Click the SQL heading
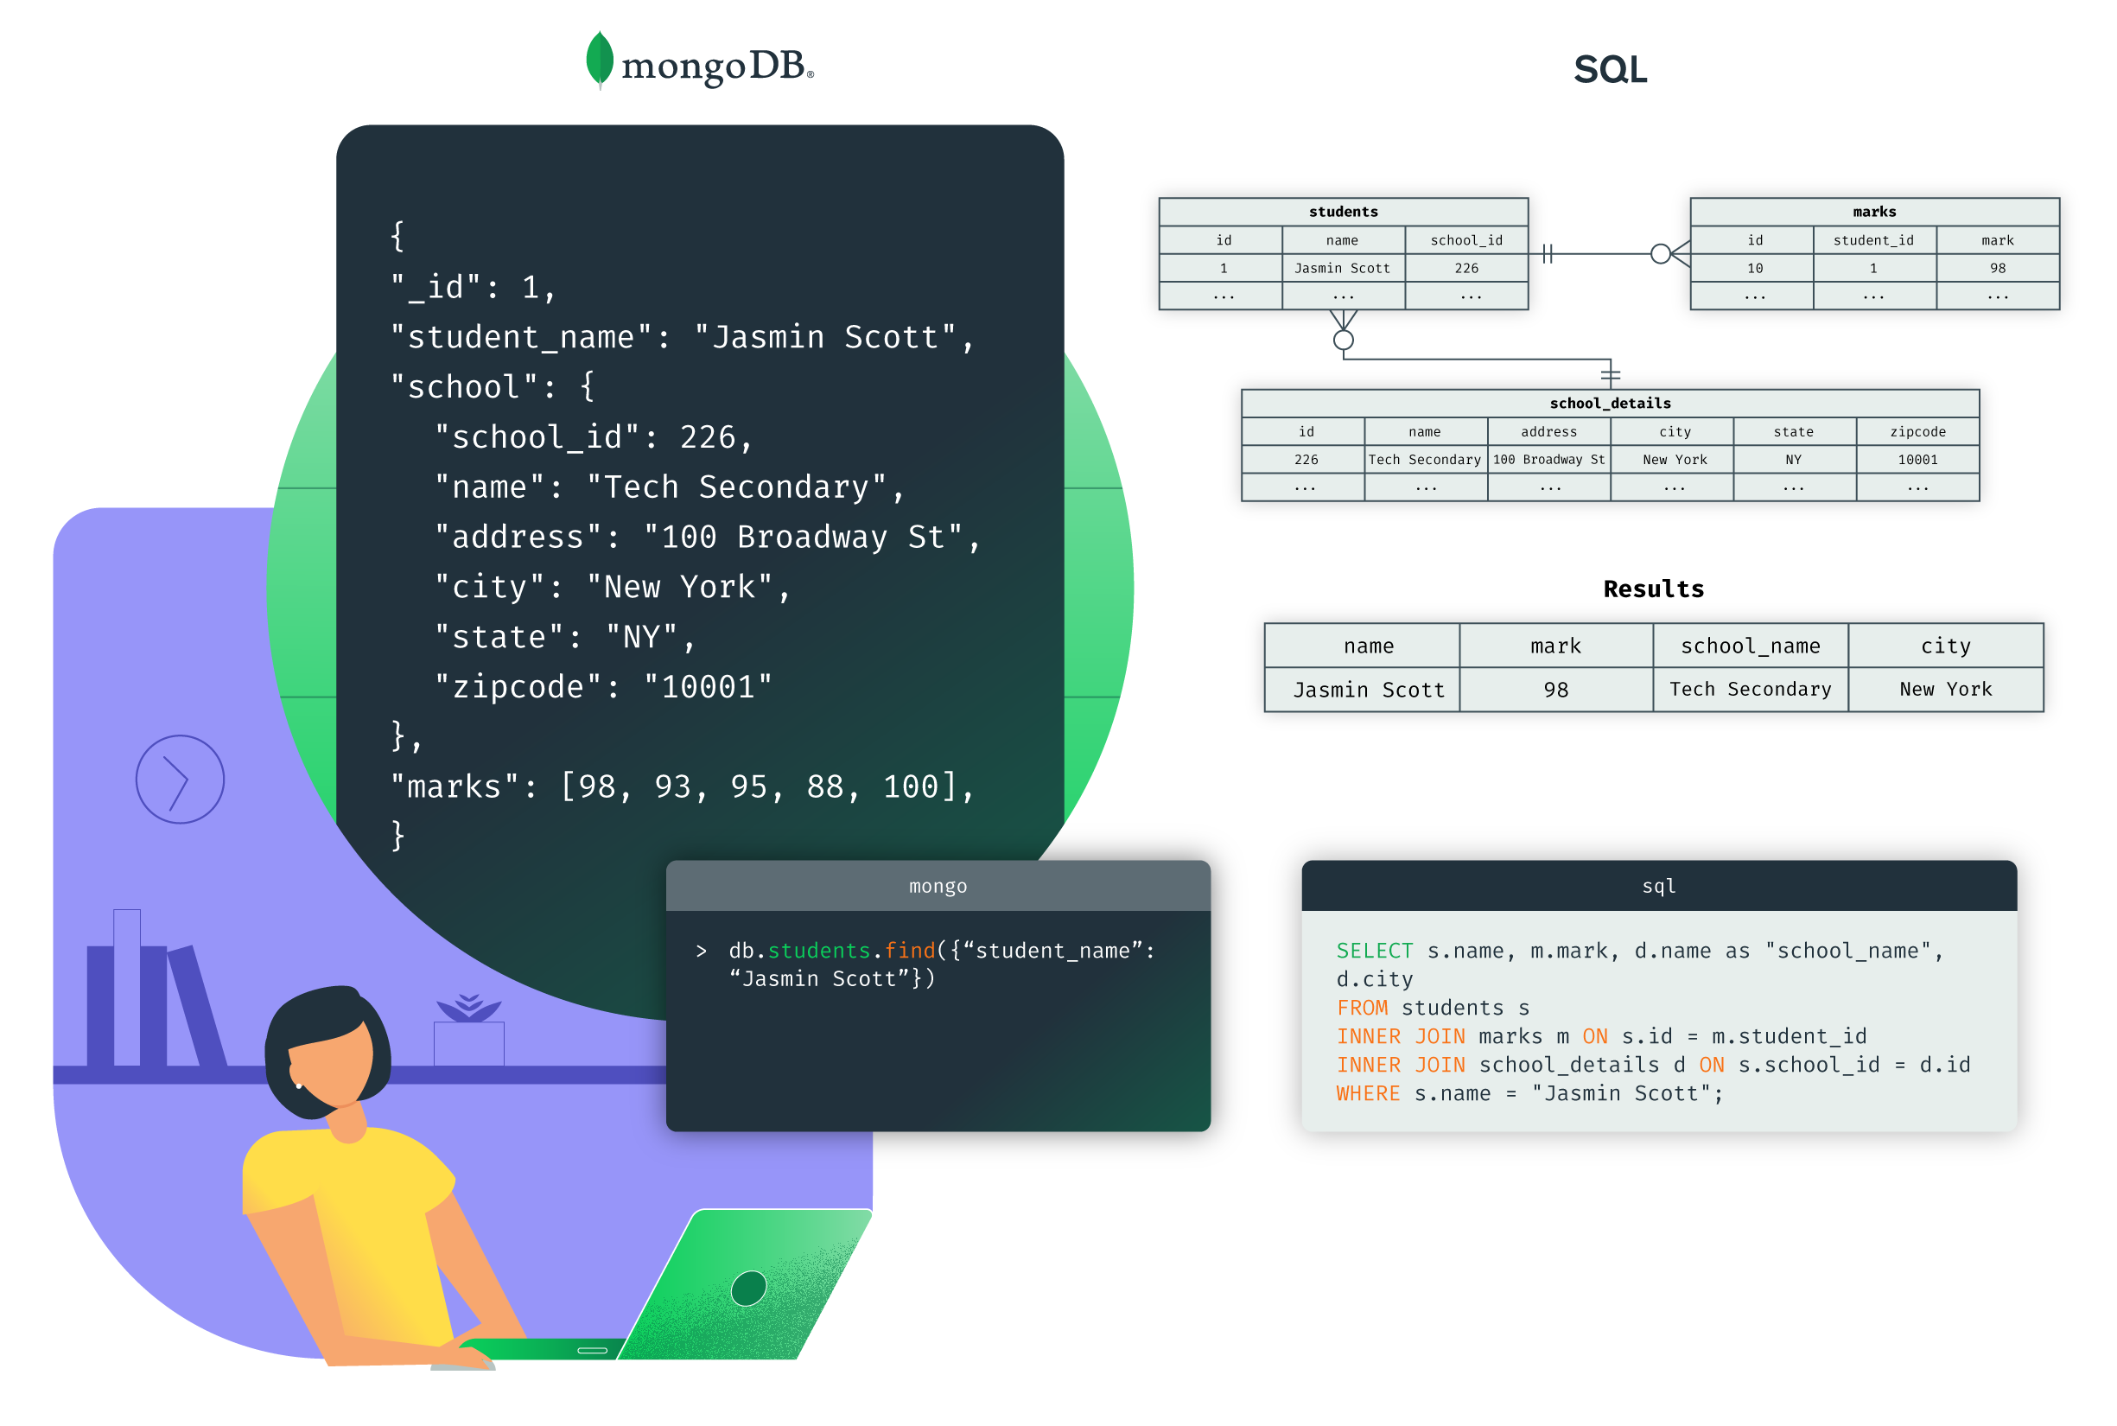(1610, 70)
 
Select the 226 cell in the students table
(1465, 268)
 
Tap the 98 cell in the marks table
(1997, 268)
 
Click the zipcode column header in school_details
(1917, 432)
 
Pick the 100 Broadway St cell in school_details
(1548, 460)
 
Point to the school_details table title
(1610, 403)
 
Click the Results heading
(1653, 589)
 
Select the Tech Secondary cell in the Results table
(1750, 690)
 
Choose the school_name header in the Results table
(1750, 646)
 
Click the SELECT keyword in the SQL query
(1374, 951)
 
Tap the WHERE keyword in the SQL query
(1368, 1093)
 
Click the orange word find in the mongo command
(909, 951)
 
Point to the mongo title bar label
(938, 886)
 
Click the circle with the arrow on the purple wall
(180, 780)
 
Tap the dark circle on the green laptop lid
(748, 1288)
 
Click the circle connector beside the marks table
(1661, 254)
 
